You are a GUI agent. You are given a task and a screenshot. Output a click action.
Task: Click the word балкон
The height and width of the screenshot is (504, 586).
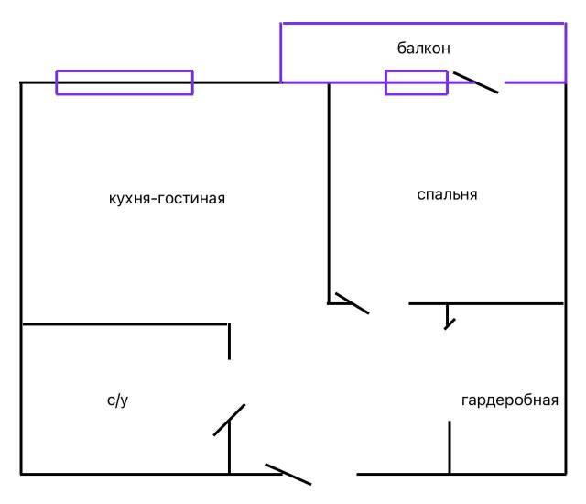(x=423, y=48)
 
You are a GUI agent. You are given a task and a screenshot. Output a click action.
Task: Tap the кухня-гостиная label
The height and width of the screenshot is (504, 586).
(x=167, y=198)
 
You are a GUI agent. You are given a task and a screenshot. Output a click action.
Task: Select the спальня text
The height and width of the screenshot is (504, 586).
(x=447, y=194)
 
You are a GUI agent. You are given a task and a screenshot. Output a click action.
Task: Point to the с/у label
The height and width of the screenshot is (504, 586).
(x=116, y=400)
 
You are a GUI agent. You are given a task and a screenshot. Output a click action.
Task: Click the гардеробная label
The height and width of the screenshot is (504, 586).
(x=510, y=400)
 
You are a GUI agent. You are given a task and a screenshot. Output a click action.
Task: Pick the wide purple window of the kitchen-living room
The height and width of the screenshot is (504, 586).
(x=125, y=82)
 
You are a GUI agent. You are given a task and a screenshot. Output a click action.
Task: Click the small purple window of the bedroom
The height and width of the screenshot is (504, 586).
(x=416, y=82)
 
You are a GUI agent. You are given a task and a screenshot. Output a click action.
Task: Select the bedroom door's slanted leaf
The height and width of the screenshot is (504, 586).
(x=353, y=303)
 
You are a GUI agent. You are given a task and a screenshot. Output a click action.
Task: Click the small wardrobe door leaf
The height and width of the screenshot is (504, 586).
(x=447, y=318)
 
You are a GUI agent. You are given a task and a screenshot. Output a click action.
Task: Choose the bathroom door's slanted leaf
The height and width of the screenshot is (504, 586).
(x=229, y=420)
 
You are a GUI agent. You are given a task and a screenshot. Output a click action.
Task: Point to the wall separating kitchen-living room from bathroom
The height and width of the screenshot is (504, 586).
(x=125, y=323)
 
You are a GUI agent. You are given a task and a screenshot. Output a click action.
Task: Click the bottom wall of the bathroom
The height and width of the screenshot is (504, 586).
(x=125, y=474)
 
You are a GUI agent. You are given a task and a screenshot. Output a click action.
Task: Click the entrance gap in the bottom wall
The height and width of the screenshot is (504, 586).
(x=333, y=475)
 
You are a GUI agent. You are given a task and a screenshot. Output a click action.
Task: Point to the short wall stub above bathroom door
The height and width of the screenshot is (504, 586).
(x=229, y=341)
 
